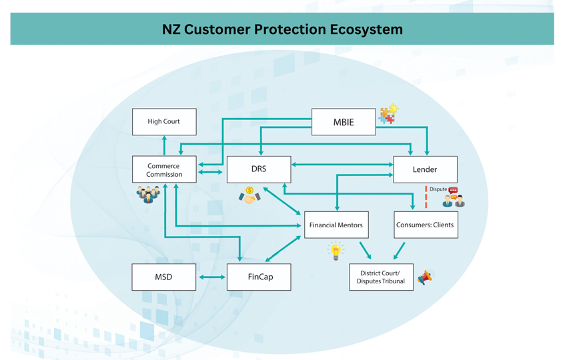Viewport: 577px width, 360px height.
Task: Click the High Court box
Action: [x=164, y=122]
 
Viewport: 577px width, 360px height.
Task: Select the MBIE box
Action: [x=344, y=122]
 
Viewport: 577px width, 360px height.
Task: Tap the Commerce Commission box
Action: [x=164, y=170]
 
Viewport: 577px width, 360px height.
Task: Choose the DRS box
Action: [x=259, y=169]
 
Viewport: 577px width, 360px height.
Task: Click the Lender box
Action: [x=425, y=169]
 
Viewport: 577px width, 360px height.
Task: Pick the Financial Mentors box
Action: [x=336, y=225]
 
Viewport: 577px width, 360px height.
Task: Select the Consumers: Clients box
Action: [x=425, y=225]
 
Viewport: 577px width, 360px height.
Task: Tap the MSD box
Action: [x=163, y=277]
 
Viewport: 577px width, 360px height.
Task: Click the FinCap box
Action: [x=259, y=277]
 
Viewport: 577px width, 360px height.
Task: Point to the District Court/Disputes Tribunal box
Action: [x=381, y=277]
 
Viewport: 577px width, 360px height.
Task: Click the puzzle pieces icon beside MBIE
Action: [x=388, y=115]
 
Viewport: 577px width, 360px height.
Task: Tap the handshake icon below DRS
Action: [x=249, y=195]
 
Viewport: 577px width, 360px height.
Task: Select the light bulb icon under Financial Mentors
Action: [x=336, y=251]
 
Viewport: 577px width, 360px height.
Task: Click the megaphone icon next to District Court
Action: [x=425, y=277]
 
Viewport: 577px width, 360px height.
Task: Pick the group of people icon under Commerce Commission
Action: [x=148, y=194]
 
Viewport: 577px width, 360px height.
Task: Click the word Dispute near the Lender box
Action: [x=438, y=189]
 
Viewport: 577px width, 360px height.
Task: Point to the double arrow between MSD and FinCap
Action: [x=211, y=277]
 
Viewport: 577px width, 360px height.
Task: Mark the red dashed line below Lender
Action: [x=426, y=197]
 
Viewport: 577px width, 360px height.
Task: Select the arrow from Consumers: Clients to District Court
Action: [x=398, y=251]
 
